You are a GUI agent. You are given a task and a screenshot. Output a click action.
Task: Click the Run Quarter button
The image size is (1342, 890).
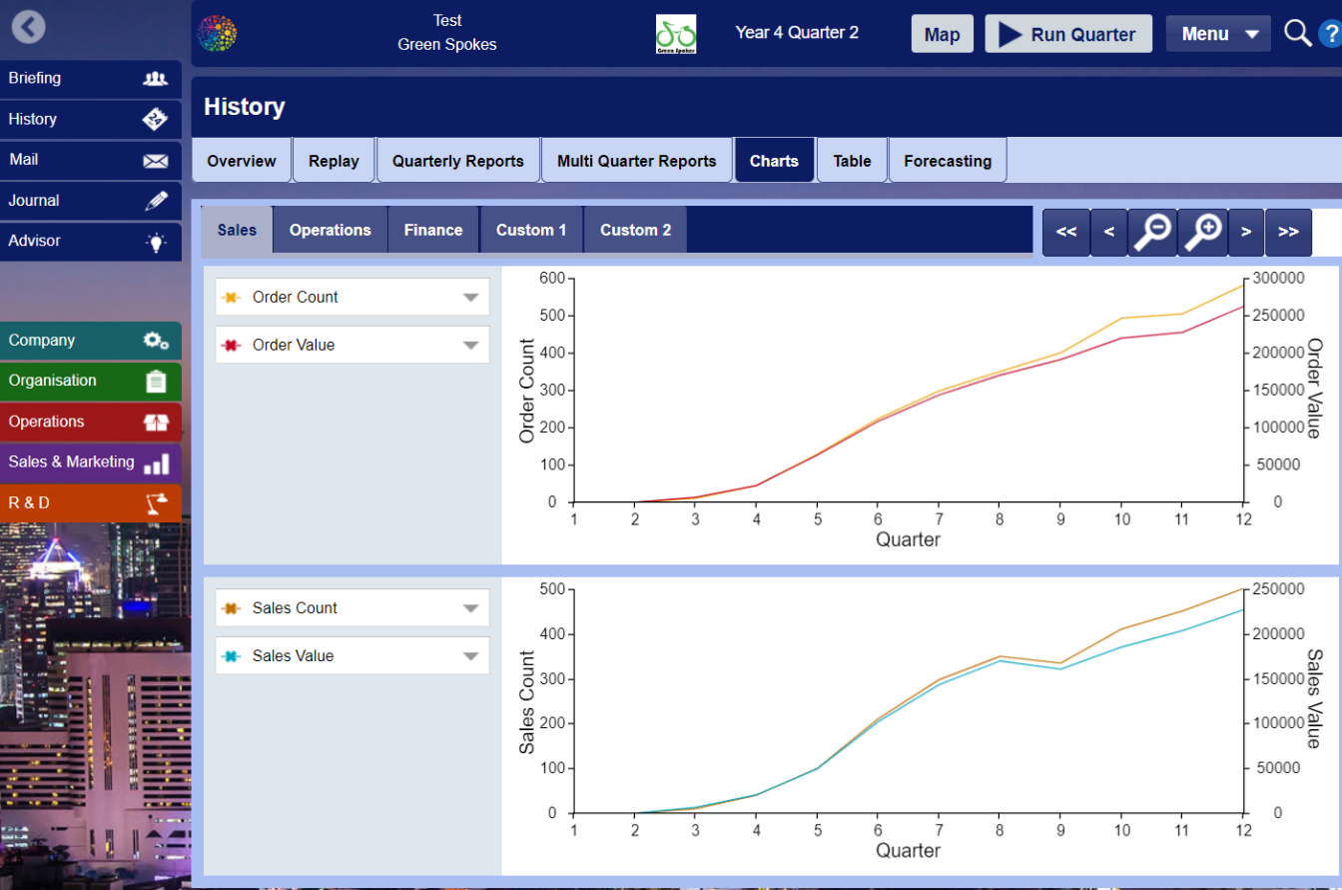[1067, 34]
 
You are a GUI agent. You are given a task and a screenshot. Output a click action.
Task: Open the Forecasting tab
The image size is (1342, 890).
[947, 161]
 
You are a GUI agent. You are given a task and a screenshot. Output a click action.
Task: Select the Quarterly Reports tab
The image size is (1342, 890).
[457, 161]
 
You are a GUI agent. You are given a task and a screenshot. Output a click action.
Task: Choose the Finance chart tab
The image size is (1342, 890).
[432, 230]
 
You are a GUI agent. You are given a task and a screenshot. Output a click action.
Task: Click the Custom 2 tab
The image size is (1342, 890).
[635, 230]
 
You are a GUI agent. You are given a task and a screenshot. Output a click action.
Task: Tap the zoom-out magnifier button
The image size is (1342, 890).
[1152, 232]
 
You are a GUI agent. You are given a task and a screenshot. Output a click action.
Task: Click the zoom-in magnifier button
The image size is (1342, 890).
[1202, 232]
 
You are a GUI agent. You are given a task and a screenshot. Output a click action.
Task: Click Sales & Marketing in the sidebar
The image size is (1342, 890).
[90, 462]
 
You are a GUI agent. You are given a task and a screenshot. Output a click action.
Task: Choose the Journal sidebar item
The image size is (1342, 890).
[90, 201]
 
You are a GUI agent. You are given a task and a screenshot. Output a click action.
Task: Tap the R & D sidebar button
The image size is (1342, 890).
[90, 503]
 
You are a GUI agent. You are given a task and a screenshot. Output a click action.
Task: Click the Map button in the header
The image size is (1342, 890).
[942, 35]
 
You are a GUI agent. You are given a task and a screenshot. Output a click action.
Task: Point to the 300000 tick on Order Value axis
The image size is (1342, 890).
[1278, 278]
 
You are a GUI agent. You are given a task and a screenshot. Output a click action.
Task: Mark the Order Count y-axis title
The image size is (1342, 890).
[528, 391]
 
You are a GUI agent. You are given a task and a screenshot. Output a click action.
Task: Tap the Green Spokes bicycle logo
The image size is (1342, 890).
[676, 34]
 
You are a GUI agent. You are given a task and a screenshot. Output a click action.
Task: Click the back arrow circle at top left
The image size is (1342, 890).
[28, 26]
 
